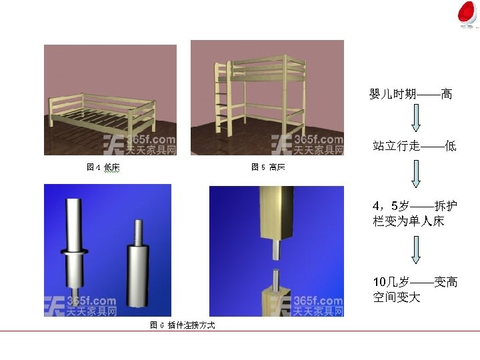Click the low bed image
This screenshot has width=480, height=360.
point(110,100)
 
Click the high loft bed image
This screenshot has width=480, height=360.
point(267,97)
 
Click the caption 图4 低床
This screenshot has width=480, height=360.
point(103,167)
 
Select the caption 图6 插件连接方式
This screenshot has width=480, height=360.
point(182,325)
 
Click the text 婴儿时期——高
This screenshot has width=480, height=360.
point(411,95)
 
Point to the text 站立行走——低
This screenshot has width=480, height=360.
point(414,146)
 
